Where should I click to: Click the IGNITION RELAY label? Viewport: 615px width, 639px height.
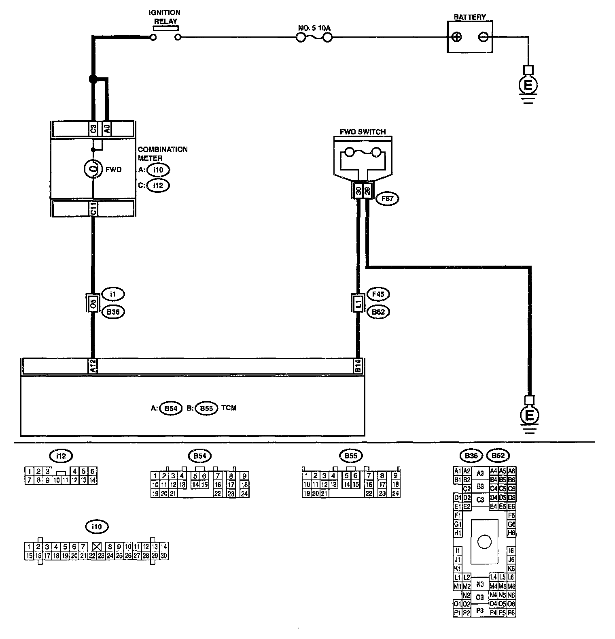tap(165, 17)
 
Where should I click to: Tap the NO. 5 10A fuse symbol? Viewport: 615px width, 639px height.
tap(314, 37)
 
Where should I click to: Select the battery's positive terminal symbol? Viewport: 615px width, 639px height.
tap(456, 37)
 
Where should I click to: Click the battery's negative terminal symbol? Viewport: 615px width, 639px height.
tap(483, 37)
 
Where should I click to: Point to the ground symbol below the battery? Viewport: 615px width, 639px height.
tap(528, 85)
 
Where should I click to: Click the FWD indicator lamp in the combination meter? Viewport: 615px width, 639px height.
tap(93, 169)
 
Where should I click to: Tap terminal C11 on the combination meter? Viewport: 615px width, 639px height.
tap(93, 209)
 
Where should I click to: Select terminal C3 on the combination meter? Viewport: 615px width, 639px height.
tap(93, 130)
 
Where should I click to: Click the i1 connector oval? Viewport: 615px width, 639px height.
tap(113, 294)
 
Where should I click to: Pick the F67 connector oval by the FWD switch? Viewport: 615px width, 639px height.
tap(387, 198)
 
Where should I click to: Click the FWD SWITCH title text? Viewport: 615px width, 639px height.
tap(363, 132)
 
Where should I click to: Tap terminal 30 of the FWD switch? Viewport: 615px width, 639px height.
tap(358, 191)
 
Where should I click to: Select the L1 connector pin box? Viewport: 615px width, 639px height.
tap(358, 303)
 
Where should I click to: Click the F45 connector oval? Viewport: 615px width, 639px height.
tap(378, 294)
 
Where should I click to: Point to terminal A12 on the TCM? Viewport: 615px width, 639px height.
tap(93, 366)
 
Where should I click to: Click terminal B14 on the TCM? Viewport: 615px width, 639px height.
tap(358, 366)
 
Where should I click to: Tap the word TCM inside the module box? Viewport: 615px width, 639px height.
tap(229, 408)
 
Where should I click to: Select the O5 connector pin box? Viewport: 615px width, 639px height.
tap(93, 303)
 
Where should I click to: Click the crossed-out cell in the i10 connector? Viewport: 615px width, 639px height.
tap(96, 546)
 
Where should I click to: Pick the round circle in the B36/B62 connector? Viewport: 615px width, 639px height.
tap(484, 541)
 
